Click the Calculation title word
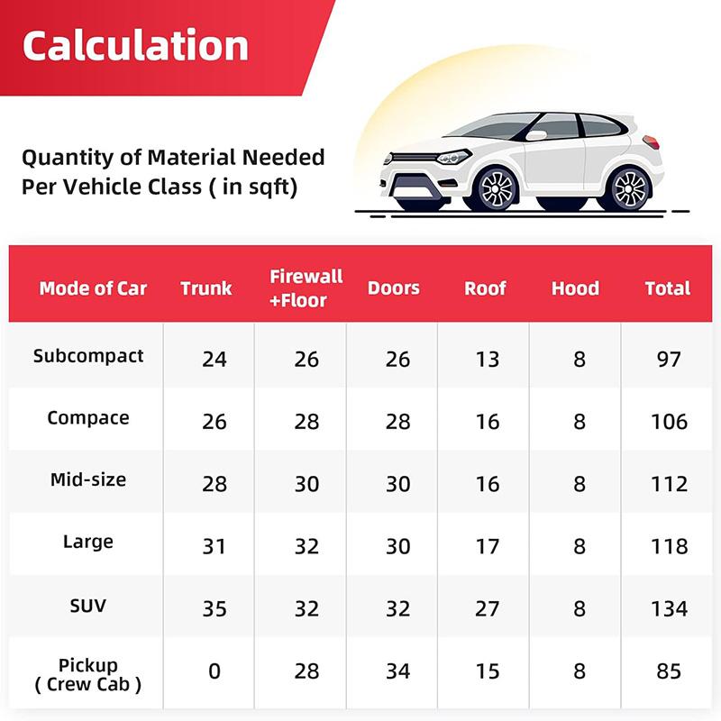coord(136,45)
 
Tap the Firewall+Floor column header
coord(306,288)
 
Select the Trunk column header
coord(206,288)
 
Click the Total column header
coord(668,288)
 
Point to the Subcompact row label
coord(88,356)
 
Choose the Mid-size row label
coord(88,479)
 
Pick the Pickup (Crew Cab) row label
coord(88,675)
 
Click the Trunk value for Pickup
coord(214,671)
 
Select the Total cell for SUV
coord(670,609)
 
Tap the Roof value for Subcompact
coord(488,359)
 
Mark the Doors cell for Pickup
coord(397,671)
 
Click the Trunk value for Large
coord(214,546)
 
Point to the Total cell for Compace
coord(670,422)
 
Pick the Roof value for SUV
coord(488,609)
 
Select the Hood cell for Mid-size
coord(580,484)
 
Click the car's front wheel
coord(497,189)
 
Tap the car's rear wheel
coord(630,189)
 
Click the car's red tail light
coord(651,142)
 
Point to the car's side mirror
coord(535,135)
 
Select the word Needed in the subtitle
coord(283,157)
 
